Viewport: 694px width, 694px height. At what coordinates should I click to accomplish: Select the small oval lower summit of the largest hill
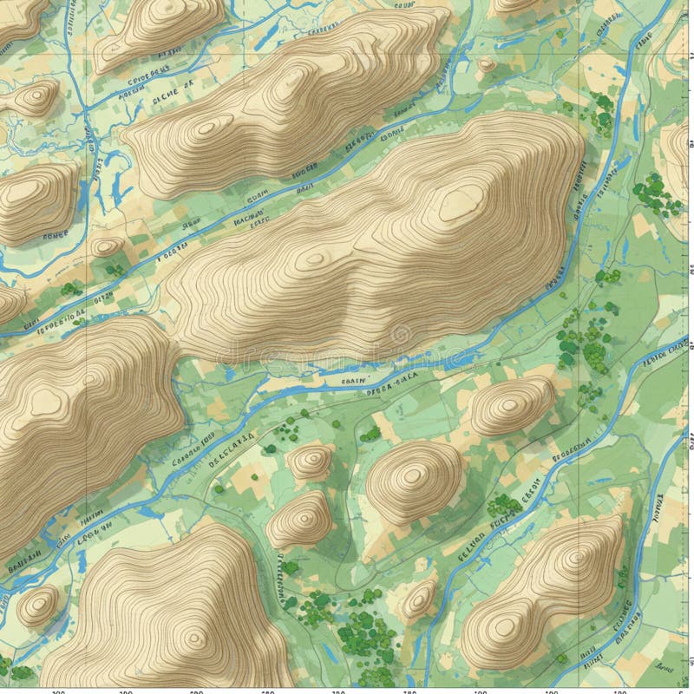tap(312, 258)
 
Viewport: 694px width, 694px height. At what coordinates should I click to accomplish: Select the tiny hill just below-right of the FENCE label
tap(107, 247)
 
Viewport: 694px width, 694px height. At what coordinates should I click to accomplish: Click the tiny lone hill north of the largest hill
tap(487, 65)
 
